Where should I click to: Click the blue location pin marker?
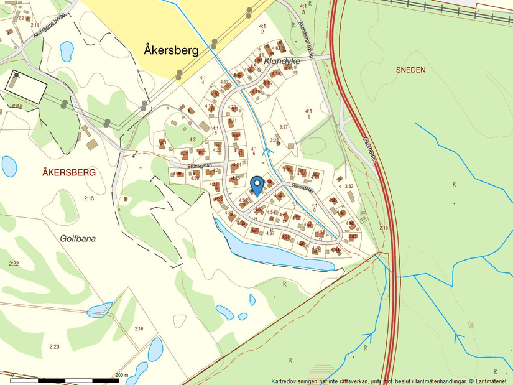click(256, 185)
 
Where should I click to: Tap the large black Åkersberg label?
click(171, 50)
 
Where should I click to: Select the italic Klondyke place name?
click(282, 62)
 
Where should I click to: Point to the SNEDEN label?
click(410, 70)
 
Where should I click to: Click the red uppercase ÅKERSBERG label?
click(69, 172)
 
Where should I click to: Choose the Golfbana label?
click(78, 238)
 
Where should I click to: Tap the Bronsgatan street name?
click(200, 167)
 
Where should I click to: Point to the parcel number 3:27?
click(284, 127)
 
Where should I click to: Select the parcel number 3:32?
click(349, 186)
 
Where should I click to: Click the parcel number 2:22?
click(14, 264)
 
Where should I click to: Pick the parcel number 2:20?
click(54, 346)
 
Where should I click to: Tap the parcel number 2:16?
click(139, 328)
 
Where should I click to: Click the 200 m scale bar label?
click(122, 375)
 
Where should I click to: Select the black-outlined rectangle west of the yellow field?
click(25, 87)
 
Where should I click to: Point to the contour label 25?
click(471, 325)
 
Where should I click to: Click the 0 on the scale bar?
click(12, 375)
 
